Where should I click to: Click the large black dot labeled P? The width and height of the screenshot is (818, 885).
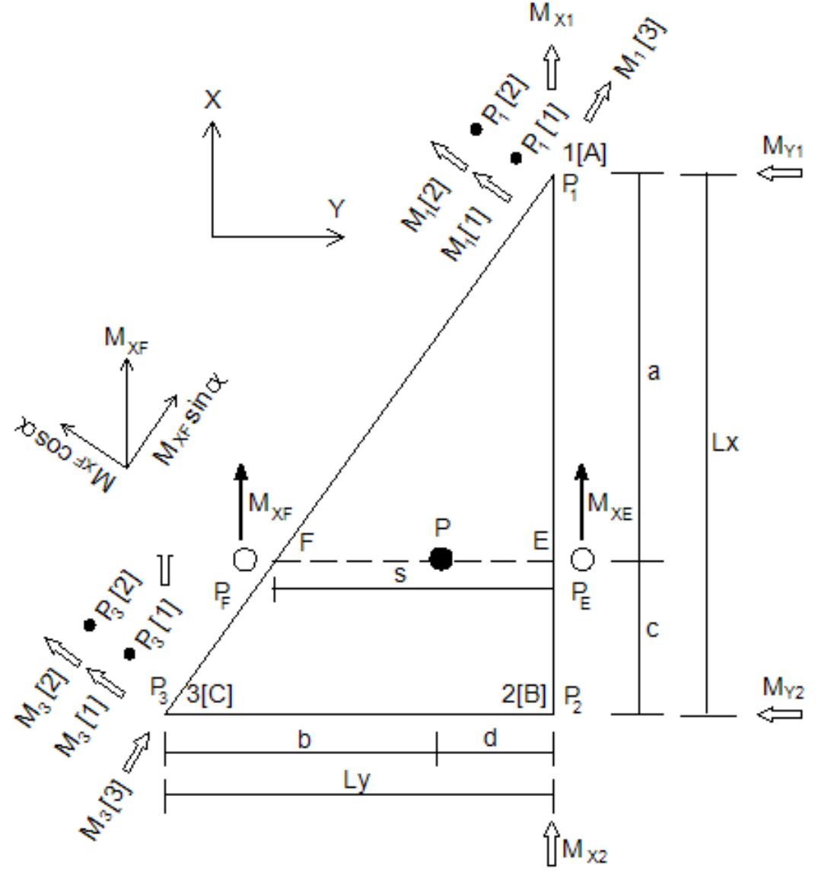point(441,559)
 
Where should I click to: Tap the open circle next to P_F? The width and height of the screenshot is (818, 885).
point(245,560)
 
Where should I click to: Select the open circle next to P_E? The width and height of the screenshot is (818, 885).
point(582,560)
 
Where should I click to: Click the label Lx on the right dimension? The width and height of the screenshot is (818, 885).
point(724,443)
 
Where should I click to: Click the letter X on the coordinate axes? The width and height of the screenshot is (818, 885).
point(212,100)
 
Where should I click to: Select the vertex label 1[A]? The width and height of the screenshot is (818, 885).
point(584,154)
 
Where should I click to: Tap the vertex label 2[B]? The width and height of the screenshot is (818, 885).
point(524,694)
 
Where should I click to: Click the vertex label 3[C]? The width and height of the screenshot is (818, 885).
point(210,694)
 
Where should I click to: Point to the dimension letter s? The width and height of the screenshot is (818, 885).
point(401,575)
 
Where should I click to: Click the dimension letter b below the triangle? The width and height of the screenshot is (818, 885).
point(304,739)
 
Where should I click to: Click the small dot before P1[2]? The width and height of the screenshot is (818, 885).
point(476,129)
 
